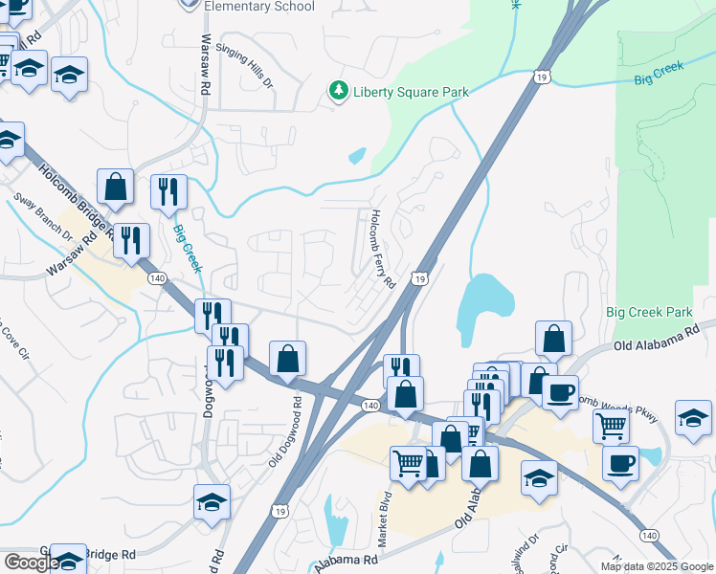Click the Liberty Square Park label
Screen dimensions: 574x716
pyautogui.click(x=412, y=92)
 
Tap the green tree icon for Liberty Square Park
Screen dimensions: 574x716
pyautogui.click(x=337, y=91)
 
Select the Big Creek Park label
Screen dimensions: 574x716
pyautogui.click(x=648, y=313)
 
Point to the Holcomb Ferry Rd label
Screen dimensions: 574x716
pyautogui.click(x=382, y=250)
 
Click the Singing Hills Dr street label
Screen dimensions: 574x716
pyautogui.click(x=245, y=65)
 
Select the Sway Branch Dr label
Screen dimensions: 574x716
pyautogui.click(x=42, y=216)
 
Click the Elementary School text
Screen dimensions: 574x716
pyautogui.click(x=259, y=7)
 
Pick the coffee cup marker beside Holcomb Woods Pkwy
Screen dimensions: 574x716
pyautogui.click(x=560, y=391)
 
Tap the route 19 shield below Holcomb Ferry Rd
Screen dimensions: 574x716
pyautogui.click(x=420, y=278)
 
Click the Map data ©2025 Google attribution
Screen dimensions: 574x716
pyautogui.click(x=655, y=566)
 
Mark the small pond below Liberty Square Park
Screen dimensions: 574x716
pyautogui.click(x=358, y=154)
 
